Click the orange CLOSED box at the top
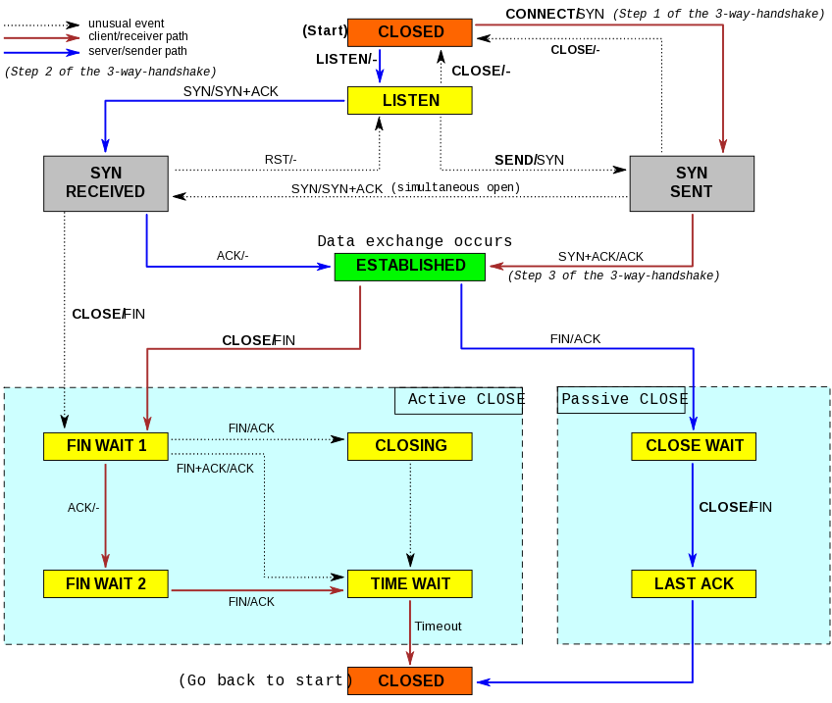[409, 32]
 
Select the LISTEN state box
[409, 101]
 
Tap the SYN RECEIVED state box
[105, 183]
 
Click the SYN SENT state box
[691, 183]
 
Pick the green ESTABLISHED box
[409, 267]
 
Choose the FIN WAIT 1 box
[106, 446]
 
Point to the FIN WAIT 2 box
[106, 584]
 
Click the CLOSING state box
[409, 446]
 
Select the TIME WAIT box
[409, 584]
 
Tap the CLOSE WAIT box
[693, 446]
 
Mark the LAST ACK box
[693, 584]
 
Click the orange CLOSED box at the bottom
[409, 681]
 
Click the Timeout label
[438, 627]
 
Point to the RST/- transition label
[281, 160]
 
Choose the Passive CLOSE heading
[625, 400]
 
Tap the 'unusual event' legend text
[127, 24]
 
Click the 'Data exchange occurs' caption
[415, 242]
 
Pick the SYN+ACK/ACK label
[600, 257]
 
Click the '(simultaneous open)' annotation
[455, 187]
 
